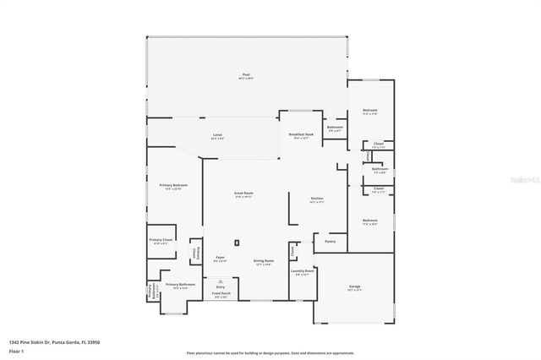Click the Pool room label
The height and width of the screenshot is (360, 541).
(x=246, y=75)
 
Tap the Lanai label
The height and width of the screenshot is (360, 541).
(x=217, y=135)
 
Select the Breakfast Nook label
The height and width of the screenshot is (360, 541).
(x=302, y=134)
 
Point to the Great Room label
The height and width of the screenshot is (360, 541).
(x=244, y=194)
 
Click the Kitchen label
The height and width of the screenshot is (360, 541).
(x=316, y=199)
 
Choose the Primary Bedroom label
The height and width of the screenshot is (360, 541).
(x=172, y=185)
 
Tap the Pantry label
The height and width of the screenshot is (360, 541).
(x=330, y=242)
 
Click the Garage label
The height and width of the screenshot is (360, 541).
(x=355, y=287)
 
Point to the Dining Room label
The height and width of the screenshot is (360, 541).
(x=264, y=261)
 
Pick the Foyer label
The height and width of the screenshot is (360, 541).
(x=220, y=257)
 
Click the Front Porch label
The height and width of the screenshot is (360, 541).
(x=221, y=295)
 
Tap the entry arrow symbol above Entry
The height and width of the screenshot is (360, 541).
(x=221, y=281)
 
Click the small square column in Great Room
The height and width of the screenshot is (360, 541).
(x=237, y=243)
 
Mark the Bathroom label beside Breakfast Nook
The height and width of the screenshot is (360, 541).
(x=335, y=128)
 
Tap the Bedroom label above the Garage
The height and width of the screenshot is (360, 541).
(x=370, y=221)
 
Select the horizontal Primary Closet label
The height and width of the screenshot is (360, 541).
(x=161, y=242)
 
